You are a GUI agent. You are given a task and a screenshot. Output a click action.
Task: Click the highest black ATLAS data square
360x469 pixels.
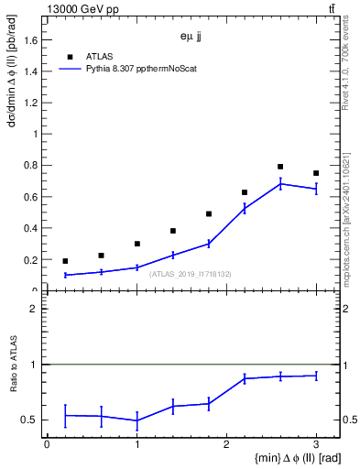tap(280, 167)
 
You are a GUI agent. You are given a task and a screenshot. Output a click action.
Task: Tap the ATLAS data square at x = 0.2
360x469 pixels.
tap(65, 261)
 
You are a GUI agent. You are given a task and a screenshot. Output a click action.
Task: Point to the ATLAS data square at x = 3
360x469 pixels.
tap(316, 173)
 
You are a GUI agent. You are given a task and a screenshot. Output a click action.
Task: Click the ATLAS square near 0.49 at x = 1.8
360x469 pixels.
tap(209, 213)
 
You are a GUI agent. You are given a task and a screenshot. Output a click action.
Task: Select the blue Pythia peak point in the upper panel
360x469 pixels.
tap(280, 184)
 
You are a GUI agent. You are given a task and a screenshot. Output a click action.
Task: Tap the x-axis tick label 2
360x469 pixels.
tap(226, 443)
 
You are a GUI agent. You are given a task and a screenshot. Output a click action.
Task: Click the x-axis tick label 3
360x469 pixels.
tap(316, 443)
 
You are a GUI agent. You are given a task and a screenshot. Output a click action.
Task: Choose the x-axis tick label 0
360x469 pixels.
tap(47, 443)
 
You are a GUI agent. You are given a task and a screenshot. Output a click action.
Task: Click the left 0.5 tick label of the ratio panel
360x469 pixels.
tap(32, 420)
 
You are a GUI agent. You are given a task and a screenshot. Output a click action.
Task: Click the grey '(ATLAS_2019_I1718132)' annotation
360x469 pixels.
tap(191, 274)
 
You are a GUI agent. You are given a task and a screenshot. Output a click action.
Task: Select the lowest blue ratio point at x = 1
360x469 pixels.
tap(136, 421)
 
